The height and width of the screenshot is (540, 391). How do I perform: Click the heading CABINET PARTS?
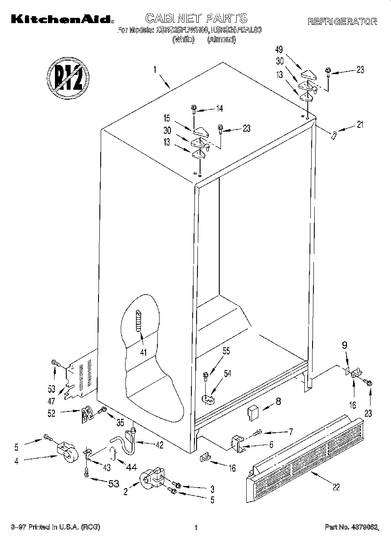196,18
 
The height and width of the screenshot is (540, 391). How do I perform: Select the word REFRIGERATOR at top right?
342,21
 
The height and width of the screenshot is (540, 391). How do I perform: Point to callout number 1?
154,69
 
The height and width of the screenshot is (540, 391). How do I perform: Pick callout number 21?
360,126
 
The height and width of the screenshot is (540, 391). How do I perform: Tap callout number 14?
219,108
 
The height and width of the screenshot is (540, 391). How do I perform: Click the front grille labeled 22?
305,453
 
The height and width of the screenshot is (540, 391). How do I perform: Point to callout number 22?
336,487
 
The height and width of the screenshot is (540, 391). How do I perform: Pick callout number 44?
131,467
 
